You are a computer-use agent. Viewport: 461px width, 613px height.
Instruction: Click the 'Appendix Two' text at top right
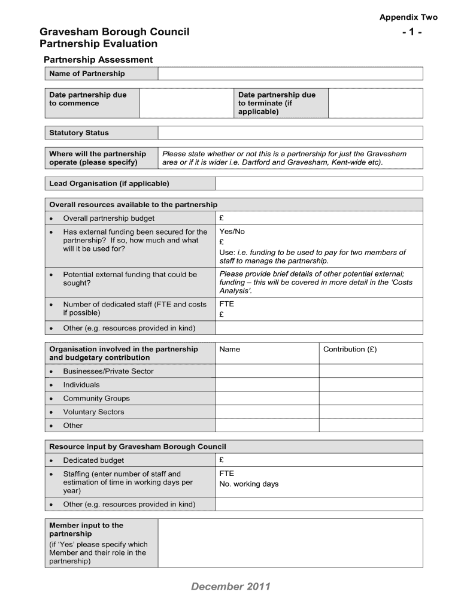(x=408, y=17)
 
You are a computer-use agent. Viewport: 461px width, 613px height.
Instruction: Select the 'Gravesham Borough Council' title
(x=114, y=32)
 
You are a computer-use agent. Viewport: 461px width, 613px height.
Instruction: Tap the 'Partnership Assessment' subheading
(x=98, y=60)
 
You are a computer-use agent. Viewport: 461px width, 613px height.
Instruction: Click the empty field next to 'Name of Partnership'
(x=290, y=74)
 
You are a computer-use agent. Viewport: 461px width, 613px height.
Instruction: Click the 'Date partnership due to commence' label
(x=88, y=99)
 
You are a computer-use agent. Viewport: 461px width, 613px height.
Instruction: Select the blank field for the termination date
(x=375, y=103)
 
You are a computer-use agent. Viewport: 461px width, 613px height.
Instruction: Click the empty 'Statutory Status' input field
(x=290, y=133)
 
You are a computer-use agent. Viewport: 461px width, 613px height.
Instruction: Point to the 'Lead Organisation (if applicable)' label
(x=109, y=184)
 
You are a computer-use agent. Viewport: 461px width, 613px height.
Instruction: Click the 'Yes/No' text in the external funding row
(x=232, y=232)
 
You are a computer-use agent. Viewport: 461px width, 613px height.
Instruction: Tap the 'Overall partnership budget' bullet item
(x=108, y=219)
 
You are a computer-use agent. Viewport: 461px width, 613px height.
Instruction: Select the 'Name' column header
(x=230, y=350)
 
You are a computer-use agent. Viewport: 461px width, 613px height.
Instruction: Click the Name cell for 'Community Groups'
(x=266, y=399)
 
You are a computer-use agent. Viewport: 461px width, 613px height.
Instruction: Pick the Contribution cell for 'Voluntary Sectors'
(x=371, y=412)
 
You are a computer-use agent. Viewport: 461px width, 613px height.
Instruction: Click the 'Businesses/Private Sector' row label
(x=108, y=371)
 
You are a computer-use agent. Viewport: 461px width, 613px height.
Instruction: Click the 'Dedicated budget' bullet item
(x=93, y=460)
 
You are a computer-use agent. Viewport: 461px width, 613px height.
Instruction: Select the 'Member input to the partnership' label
(x=86, y=529)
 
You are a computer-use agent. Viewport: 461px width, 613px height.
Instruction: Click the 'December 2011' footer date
(x=231, y=587)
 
